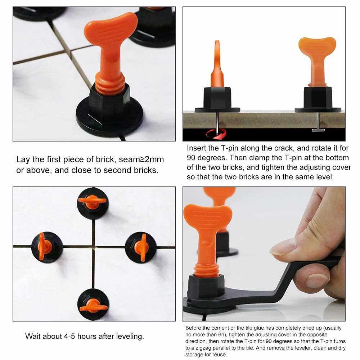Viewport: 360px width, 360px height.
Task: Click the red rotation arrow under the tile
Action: click(x=216, y=134)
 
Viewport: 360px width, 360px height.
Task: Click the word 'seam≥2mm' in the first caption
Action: click(x=141, y=159)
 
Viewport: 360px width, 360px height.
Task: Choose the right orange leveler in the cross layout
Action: click(x=141, y=248)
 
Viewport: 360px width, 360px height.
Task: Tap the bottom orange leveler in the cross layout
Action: click(x=93, y=306)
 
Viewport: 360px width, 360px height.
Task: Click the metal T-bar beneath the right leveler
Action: click(x=318, y=130)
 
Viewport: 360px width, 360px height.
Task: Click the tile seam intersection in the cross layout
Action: click(x=94, y=247)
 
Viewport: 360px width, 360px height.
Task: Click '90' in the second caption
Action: click(x=191, y=158)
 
